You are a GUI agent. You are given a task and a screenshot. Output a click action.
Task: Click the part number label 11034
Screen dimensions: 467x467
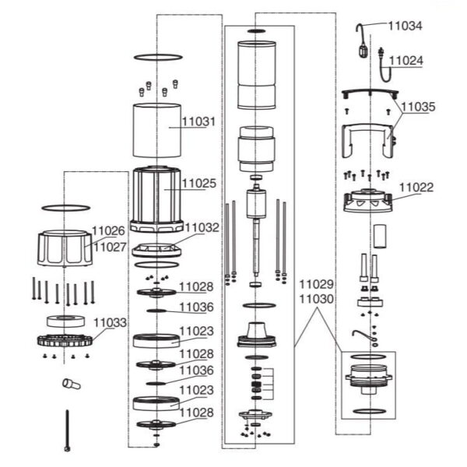click(405, 26)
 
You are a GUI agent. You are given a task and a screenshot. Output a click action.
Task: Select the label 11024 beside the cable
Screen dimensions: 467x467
click(406, 61)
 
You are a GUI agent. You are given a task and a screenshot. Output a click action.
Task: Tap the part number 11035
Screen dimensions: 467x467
click(418, 107)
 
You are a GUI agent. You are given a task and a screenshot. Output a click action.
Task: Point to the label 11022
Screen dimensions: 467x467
click(416, 188)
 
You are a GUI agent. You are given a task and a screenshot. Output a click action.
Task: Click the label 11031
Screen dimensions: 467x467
click(198, 121)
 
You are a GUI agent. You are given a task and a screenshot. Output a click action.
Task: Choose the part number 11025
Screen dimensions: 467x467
click(199, 184)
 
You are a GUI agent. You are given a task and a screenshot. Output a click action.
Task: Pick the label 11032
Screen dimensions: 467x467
click(202, 227)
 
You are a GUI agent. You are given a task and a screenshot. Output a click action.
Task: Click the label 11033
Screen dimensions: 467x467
click(111, 322)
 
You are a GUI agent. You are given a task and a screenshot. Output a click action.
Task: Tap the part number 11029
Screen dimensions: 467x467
click(316, 284)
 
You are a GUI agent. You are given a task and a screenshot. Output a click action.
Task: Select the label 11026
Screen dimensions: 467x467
click(108, 231)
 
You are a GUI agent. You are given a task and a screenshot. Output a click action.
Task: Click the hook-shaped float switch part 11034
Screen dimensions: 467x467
click(362, 40)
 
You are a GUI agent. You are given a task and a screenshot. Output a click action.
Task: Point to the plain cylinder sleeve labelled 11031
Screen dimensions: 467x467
click(157, 130)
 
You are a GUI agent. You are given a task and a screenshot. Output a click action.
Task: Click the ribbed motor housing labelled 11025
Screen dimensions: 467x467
click(156, 199)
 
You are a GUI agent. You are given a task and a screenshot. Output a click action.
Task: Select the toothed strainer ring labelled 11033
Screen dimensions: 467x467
click(65, 340)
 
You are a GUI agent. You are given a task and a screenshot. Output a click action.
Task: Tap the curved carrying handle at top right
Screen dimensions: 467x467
click(370, 93)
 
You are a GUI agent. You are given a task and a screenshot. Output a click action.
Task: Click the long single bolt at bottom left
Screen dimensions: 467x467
click(68, 430)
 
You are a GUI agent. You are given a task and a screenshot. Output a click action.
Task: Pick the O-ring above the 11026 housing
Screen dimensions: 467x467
click(66, 208)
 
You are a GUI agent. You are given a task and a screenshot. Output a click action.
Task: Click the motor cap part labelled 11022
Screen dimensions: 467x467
click(368, 200)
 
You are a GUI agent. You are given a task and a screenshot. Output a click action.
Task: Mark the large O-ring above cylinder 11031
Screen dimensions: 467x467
click(158, 57)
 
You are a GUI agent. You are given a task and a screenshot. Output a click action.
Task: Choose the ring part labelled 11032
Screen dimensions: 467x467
click(156, 250)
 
